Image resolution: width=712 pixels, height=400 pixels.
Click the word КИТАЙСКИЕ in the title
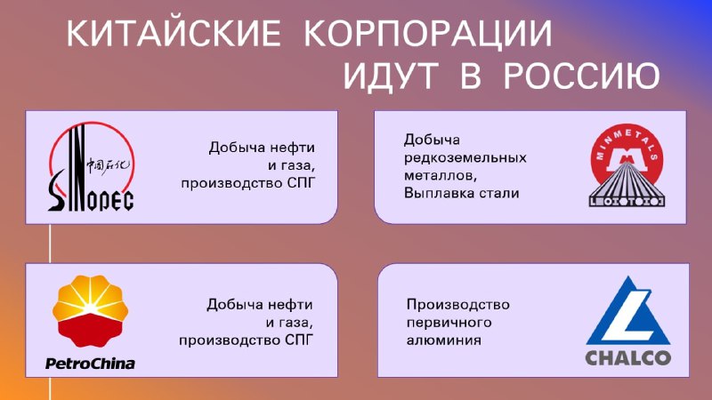coord(174,33)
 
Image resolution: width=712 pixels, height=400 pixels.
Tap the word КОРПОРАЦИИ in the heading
coord(428,35)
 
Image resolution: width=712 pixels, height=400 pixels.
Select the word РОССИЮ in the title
coord(582,76)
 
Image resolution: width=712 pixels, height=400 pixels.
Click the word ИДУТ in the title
coord(391,76)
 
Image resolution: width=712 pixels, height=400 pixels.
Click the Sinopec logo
coord(92,166)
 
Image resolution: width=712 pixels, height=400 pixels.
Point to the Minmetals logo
coord(627,165)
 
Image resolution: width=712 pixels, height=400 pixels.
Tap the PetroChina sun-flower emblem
coord(90,310)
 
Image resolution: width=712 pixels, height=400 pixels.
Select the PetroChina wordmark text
coord(90,364)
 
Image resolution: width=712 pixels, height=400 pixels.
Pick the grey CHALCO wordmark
coord(628,358)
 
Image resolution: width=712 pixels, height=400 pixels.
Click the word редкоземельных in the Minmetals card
coord(465,158)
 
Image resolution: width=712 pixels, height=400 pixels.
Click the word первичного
coord(449,323)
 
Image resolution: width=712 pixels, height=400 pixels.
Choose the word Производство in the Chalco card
coord(457,304)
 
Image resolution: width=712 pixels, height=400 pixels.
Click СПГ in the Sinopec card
coord(301,183)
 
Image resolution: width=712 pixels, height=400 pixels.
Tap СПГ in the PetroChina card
coord(299,340)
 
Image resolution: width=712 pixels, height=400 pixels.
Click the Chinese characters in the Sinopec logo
coord(109,166)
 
